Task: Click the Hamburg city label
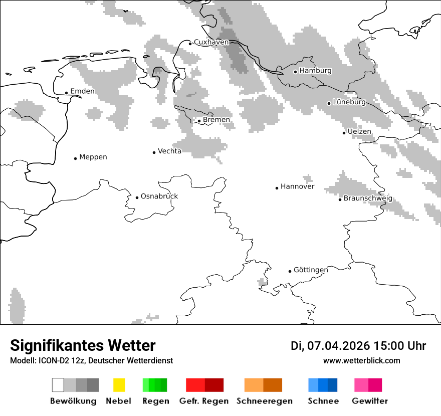pyautogui.click(x=315, y=71)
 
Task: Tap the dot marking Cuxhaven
pyautogui.click(x=190, y=44)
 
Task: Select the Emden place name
pyautogui.click(x=82, y=91)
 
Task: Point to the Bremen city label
pyautogui.click(x=216, y=120)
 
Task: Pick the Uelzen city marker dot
pyautogui.click(x=344, y=133)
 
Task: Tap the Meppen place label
pyautogui.click(x=93, y=157)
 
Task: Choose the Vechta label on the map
pyautogui.click(x=169, y=151)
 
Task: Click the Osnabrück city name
pyautogui.click(x=159, y=196)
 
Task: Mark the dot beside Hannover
pyautogui.click(x=277, y=188)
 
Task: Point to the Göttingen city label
pyautogui.click(x=311, y=270)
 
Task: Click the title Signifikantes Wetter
pyautogui.click(x=83, y=345)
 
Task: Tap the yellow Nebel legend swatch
pyautogui.click(x=119, y=385)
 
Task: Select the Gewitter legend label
pyautogui.click(x=369, y=401)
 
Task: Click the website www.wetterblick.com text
pyautogui.click(x=361, y=360)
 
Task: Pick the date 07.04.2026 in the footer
pyautogui.click(x=338, y=346)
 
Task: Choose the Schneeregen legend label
pyautogui.click(x=264, y=401)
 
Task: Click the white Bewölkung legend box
pyautogui.click(x=58, y=385)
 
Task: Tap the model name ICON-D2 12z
pyautogui.click(x=59, y=360)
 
